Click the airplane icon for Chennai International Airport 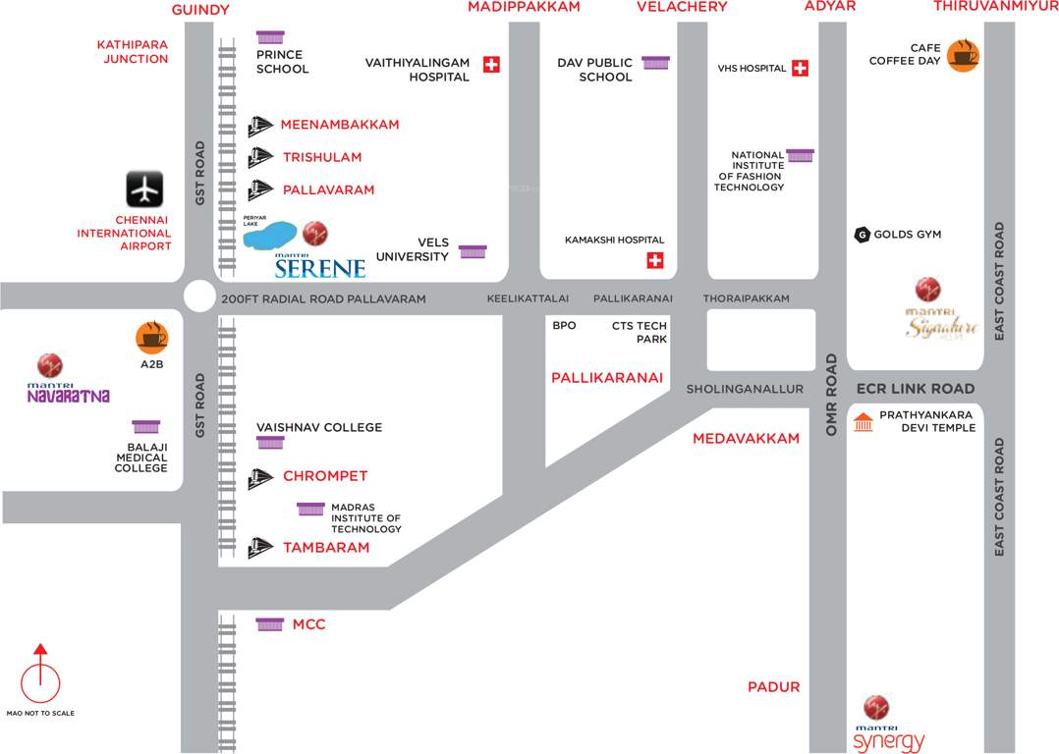point(144,188)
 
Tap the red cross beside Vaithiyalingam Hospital point(492,65)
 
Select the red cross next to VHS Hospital point(800,68)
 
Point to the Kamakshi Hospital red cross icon point(654,260)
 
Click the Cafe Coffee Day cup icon point(963,56)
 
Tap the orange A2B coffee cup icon point(152,338)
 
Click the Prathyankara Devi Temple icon point(863,422)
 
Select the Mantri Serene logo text point(319,266)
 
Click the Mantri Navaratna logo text point(68,396)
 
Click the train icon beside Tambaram point(260,547)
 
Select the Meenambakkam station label point(340,125)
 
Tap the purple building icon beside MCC point(269,624)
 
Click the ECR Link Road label point(915,389)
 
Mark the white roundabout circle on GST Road point(198,296)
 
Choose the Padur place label point(774,687)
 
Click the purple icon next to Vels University point(473,251)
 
